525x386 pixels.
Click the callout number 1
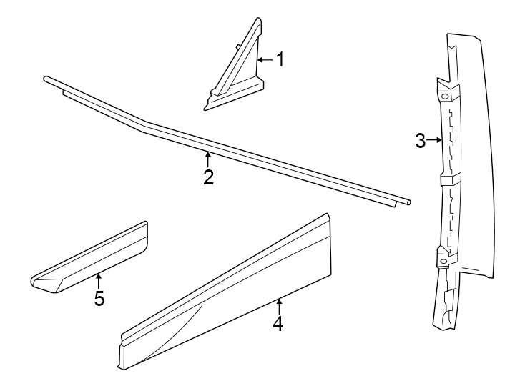tap(280, 59)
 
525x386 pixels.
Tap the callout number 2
tap(208, 177)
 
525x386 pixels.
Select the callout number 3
tap(421, 140)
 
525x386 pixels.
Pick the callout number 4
tap(278, 324)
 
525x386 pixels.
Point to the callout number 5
tap(99, 298)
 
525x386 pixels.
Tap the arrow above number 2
tap(208, 158)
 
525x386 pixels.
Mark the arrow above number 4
tap(278, 305)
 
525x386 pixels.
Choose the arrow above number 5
tap(99, 279)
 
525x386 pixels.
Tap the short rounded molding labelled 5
tap(93, 257)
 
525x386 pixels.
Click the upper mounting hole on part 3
tap(444, 96)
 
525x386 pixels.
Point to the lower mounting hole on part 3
tap(444, 262)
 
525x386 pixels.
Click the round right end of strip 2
tap(408, 203)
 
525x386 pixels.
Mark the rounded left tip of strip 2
tap(46, 79)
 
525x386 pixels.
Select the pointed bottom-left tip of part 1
tap(206, 109)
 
